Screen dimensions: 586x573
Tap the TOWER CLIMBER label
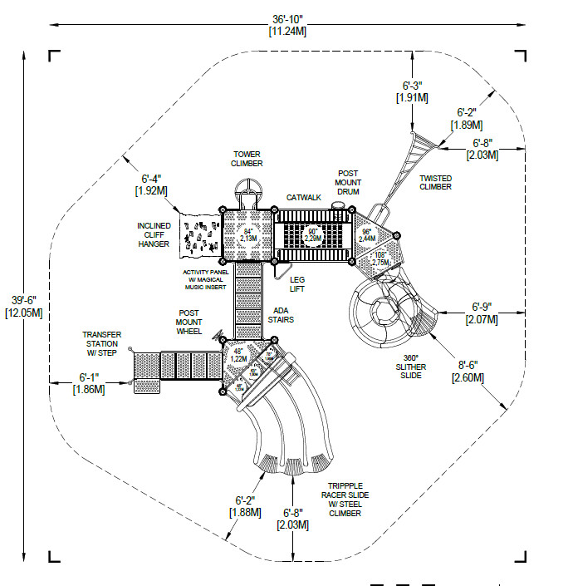click(x=247, y=159)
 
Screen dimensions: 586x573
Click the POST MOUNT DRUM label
click(x=348, y=183)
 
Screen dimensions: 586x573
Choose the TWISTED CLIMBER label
click(x=435, y=182)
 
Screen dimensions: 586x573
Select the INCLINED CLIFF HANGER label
click(x=154, y=234)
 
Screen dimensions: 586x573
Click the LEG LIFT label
click(x=297, y=284)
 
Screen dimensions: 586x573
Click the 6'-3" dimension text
click(x=414, y=91)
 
